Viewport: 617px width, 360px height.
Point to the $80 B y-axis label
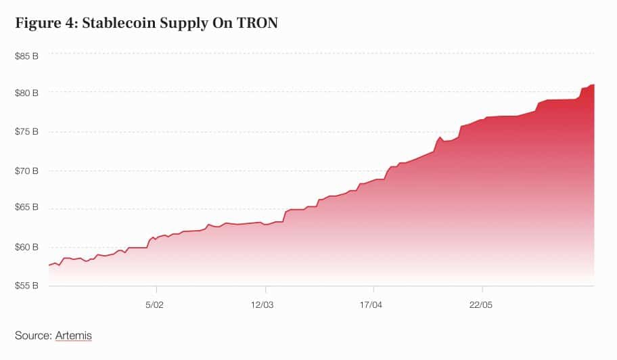26,92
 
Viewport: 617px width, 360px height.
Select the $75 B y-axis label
26,131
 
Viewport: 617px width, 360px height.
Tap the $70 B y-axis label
26,171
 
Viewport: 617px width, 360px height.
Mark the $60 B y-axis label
26,246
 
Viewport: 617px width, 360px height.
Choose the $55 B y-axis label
26,286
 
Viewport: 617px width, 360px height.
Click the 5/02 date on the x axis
155,305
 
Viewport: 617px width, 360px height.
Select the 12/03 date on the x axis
262,305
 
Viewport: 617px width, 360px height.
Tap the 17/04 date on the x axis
371,305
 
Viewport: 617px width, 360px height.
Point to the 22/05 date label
480,305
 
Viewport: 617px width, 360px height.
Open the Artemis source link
74,335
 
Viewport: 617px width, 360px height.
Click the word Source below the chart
33,335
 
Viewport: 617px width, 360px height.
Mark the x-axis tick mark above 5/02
156,288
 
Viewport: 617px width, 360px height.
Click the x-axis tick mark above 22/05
481,288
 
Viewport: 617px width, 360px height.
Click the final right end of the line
593,85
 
